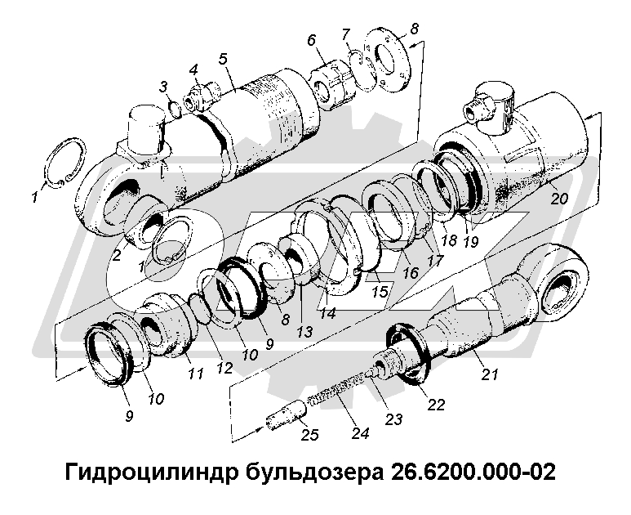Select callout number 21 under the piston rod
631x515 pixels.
tap(163, 86)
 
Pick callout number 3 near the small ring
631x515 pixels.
tap(163, 86)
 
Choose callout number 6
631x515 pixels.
tap(312, 40)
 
